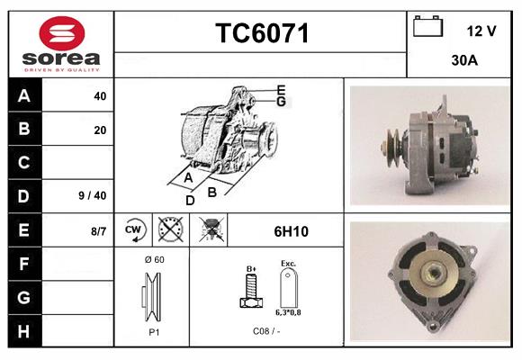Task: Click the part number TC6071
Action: point(262,34)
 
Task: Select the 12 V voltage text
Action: point(481,31)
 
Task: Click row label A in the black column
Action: point(24,96)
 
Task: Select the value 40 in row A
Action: point(99,97)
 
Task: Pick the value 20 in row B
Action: point(99,130)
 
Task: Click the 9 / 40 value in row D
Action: point(93,195)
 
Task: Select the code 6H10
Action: point(291,231)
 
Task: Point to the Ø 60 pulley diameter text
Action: point(154,260)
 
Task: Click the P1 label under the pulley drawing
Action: point(154,331)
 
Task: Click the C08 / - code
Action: point(267,331)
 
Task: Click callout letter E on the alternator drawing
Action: point(281,89)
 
